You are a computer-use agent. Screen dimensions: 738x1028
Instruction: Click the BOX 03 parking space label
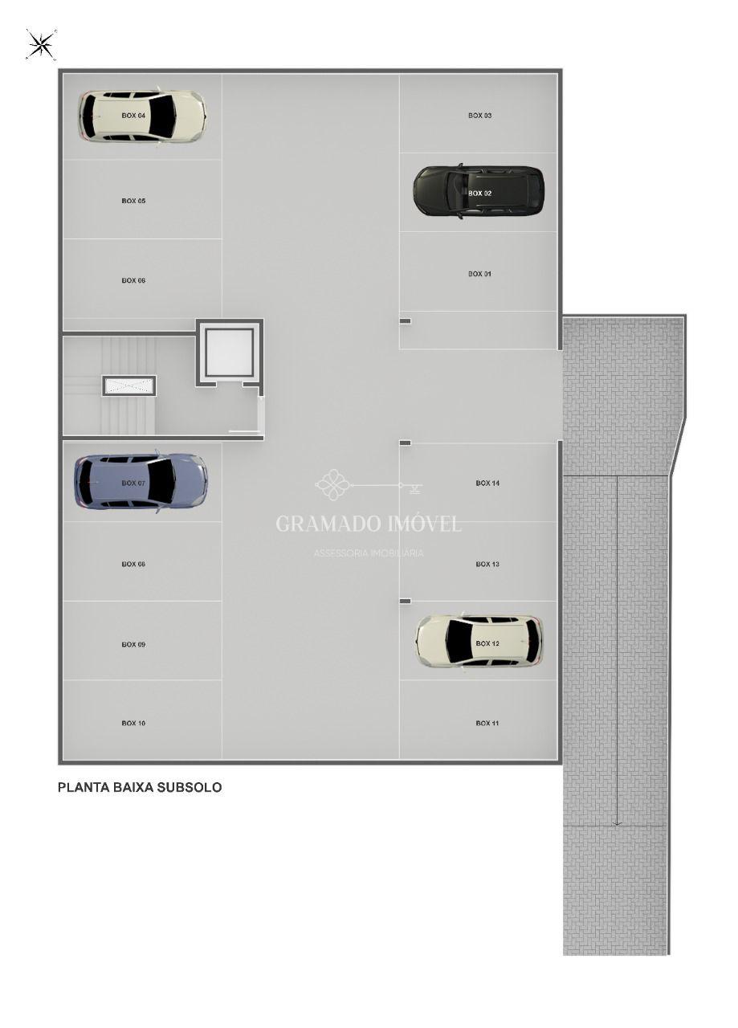[x=479, y=116]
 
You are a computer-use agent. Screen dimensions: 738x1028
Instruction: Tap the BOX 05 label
[x=133, y=201]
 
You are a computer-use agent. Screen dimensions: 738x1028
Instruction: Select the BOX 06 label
[x=133, y=280]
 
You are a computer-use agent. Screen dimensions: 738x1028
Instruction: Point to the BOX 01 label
[x=479, y=274]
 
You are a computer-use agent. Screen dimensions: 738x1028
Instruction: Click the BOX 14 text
[x=487, y=483]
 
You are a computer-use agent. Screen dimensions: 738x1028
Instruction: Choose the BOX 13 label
[x=487, y=564]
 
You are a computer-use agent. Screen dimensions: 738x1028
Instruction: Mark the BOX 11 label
[x=487, y=724]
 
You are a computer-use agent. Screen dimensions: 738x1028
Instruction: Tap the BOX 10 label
[x=133, y=724]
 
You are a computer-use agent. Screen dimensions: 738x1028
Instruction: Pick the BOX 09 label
[x=133, y=644]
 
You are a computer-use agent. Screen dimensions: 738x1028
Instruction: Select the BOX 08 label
[x=133, y=564]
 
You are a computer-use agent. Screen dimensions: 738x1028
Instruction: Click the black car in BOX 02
[x=479, y=191]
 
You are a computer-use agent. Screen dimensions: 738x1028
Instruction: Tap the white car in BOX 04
[x=142, y=116]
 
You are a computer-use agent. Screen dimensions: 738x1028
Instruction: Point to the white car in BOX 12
[x=479, y=641]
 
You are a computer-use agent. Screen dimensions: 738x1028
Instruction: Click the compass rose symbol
[x=41, y=45]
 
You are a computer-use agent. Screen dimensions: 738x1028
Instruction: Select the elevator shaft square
[x=230, y=352]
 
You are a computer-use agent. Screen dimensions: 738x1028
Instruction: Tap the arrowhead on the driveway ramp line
[x=617, y=824]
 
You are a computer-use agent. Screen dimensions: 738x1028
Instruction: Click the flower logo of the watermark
[x=333, y=484]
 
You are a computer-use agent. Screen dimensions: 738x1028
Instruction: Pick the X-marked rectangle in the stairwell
[x=129, y=385]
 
